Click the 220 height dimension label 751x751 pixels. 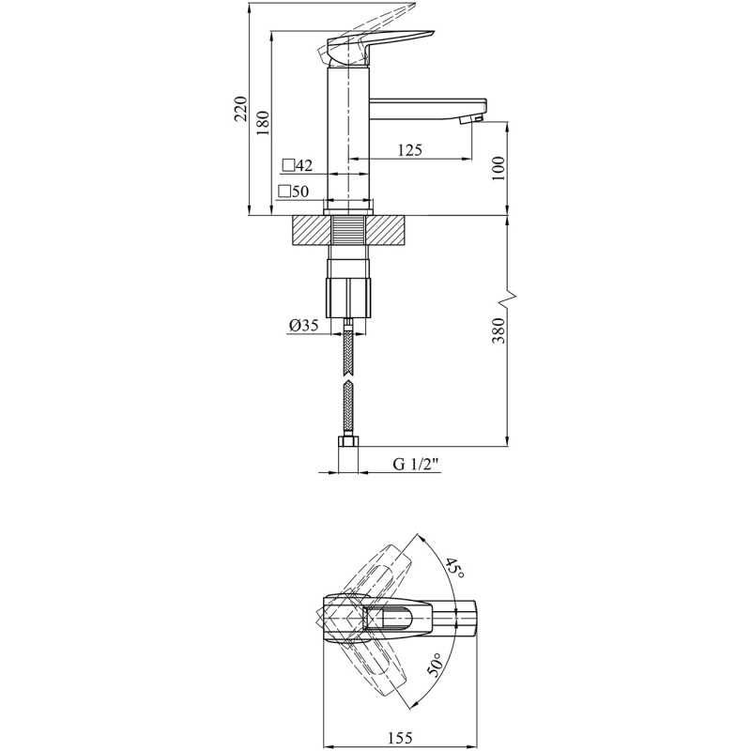pyautogui.click(x=241, y=109)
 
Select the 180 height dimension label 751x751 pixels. pyautogui.click(x=263, y=123)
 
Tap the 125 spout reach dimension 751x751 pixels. pyautogui.click(x=410, y=150)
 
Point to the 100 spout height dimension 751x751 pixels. pyautogui.click(x=498, y=168)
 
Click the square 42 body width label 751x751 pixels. pyautogui.click(x=298, y=166)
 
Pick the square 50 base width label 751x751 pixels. pyautogui.click(x=294, y=192)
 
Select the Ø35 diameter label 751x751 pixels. pyautogui.click(x=303, y=326)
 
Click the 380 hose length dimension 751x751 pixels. pyautogui.click(x=498, y=330)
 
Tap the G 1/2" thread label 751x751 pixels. pyautogui.click(x=416, y=464)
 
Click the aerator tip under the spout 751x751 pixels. pyautogui.click(x=470, y=120)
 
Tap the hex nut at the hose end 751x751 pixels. pyautogui.click(x=348, y=441)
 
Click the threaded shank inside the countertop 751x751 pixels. pyautogui.click(x=348, y=231)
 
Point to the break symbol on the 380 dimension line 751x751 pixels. pyautogui.click(x=508, y=299)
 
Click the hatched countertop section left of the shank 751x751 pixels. pyautogui.click(x=312, y=231)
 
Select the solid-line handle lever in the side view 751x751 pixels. pyautogui.click(x=378, y=47)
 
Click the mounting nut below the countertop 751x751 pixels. pyautogui.click(x=348, y=297)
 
